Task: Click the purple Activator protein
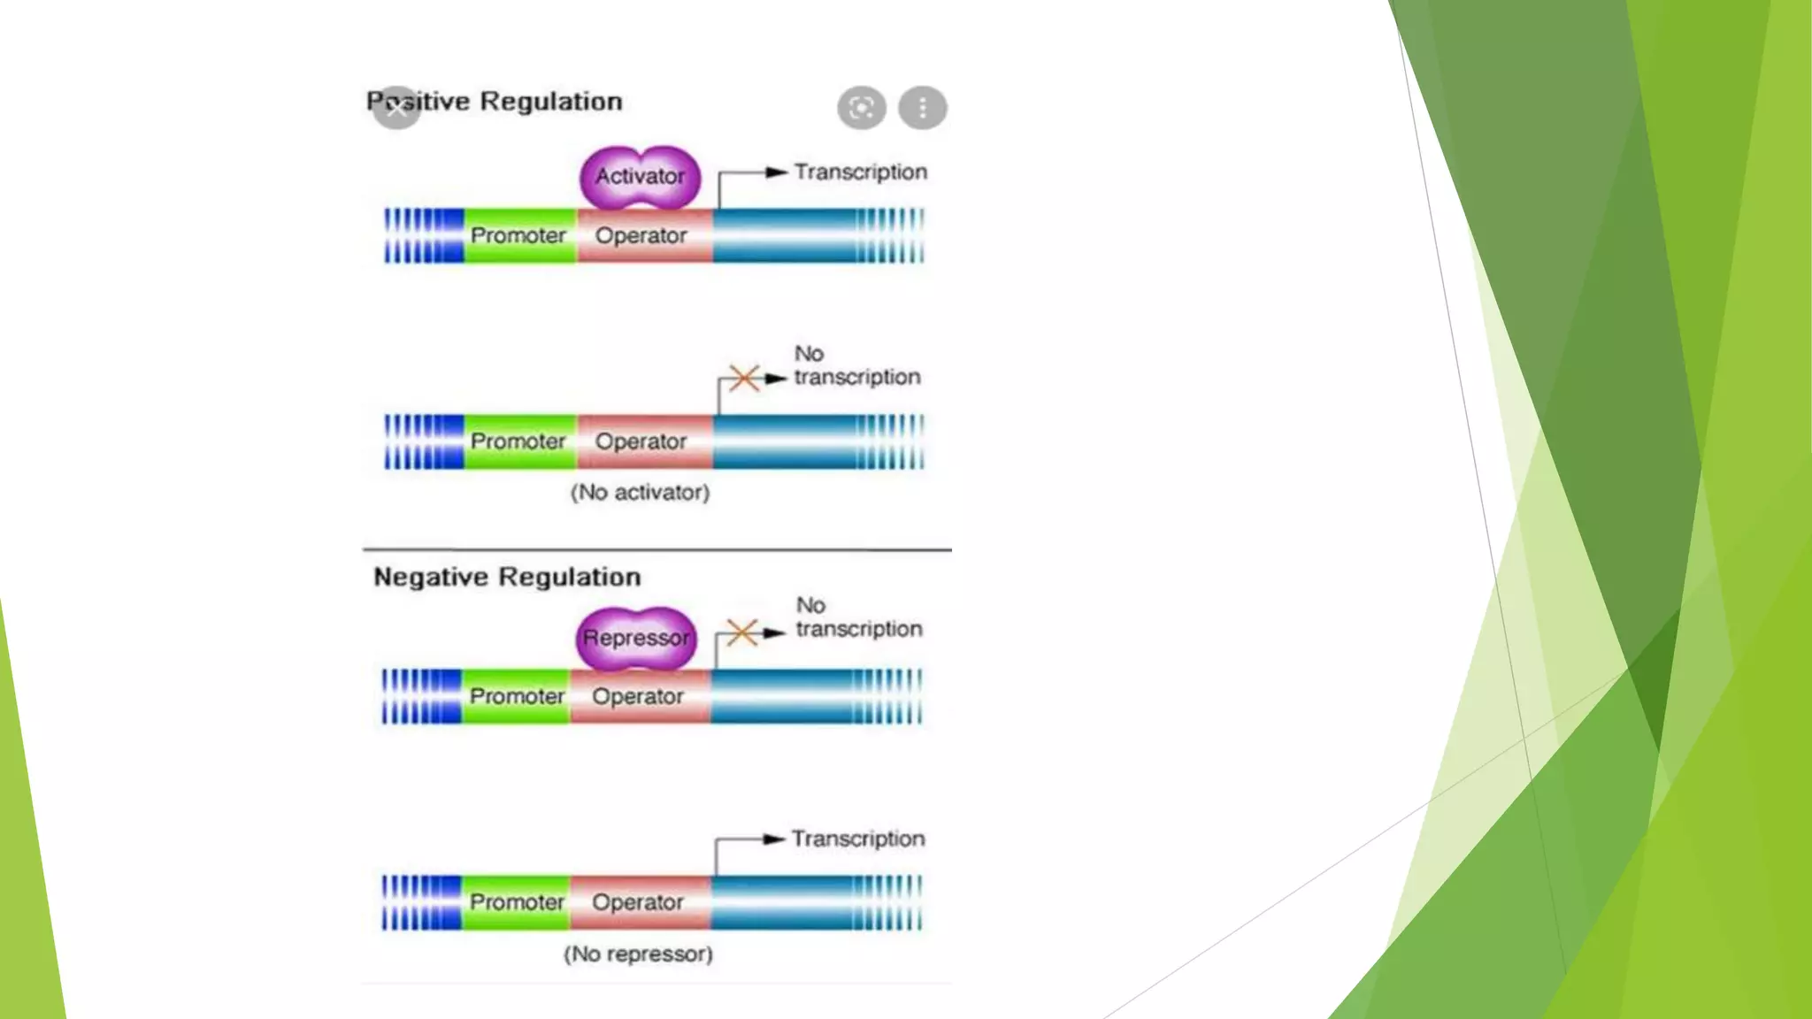640,177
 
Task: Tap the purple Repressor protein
636,638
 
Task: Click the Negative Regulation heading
507,577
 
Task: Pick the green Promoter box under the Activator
518,235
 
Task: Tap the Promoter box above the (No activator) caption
518,441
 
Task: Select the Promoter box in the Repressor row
517,696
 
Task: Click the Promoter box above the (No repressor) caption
517,902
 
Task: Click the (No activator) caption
640,492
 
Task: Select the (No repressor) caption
638,954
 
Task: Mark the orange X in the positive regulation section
744,378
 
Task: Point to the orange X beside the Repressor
741,632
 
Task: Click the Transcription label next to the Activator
860,172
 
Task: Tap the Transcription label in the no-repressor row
858,839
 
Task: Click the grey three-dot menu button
923,108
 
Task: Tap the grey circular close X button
396,108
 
